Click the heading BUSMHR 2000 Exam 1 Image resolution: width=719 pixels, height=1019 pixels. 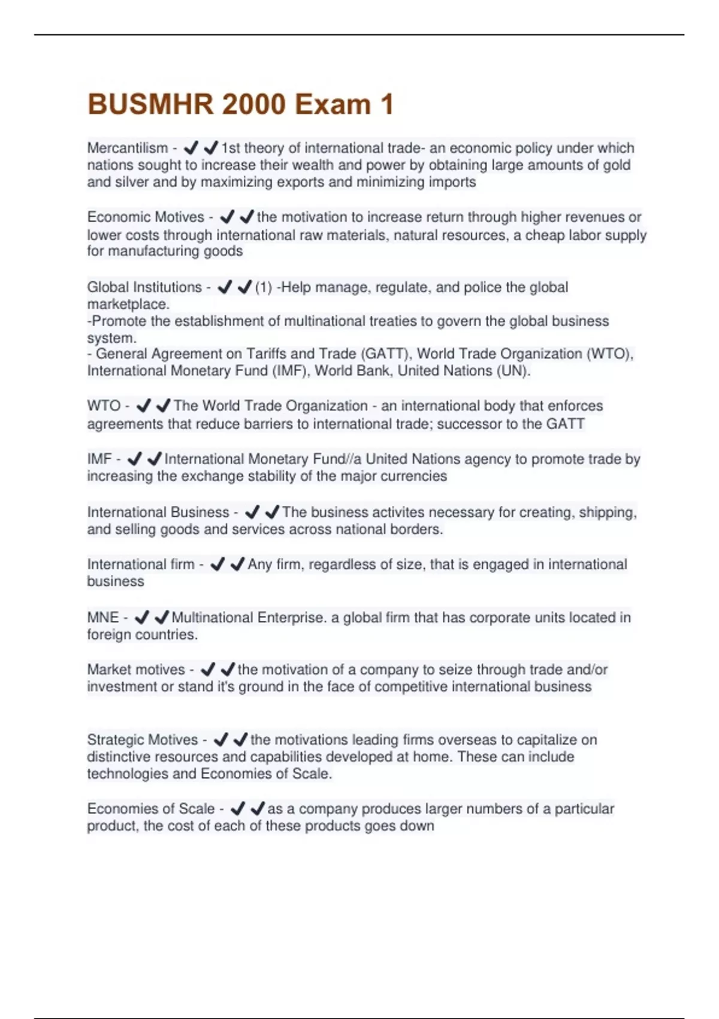click(240, 104)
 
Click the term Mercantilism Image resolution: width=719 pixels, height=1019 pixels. click(128, 148)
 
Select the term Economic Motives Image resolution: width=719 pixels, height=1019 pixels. click(146, 217)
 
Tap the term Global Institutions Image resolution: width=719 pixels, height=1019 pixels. click(144, 287)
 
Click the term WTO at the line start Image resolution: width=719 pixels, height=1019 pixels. click(104, 406)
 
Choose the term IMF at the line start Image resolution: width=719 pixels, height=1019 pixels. click(99, 459)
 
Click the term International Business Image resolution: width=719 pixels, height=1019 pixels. click(158, 512)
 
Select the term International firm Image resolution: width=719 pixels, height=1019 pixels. click(141, 565)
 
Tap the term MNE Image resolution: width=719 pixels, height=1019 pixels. click(103, 617)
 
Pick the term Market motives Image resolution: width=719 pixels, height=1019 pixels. click(136, 670)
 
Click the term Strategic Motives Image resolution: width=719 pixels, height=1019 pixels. click(143, 740)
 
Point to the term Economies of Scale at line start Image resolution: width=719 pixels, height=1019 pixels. click(151, 809)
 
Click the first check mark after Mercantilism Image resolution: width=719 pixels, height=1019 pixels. click(191, 147)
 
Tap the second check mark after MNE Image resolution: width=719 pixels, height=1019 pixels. click(162, 617)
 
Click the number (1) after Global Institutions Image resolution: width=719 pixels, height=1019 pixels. click(264, 287)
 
